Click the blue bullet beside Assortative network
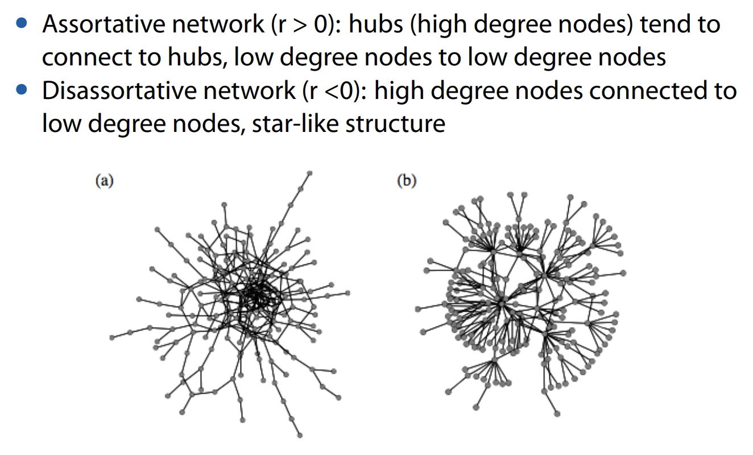tap(22, 23)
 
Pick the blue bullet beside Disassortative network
tap(22, 89)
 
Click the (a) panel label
tap(105, 181)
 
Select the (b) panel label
tap(407, 181)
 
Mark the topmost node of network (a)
tap(309, 172)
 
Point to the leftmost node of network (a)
tap(111, 338)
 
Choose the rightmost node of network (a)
tap(347, 293)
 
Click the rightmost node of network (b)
tap(623, 273)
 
